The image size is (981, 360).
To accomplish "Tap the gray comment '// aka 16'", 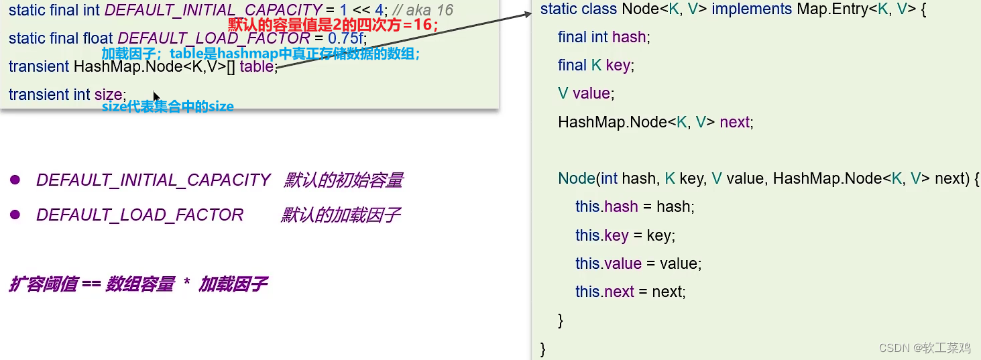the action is (x=423, y=11).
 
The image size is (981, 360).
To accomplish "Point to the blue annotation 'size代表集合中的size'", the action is (x=168, y=106).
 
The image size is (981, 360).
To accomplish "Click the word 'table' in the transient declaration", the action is (x=256, y=67).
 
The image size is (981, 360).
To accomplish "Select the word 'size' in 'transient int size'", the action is (x=109, y=95).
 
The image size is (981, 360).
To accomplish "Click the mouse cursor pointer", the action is (x=156, y=97).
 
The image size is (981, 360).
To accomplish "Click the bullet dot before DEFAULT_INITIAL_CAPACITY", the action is (x=15, y=180).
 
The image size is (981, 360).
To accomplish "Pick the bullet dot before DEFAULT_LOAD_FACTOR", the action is (x=15, y=215).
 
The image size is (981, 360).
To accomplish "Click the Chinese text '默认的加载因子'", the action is (x=341, y=215).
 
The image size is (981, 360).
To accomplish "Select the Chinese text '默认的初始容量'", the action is (x=343, y=180).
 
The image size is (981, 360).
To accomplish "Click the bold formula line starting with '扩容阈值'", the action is (x=138, y=284).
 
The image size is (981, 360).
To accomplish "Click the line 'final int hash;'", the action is (x=603, y=38).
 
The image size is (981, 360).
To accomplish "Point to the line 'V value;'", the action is (x=585, y=94).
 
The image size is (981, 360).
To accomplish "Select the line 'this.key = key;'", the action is (x=624, y=235).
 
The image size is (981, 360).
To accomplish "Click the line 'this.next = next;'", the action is (x=630, y=292).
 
